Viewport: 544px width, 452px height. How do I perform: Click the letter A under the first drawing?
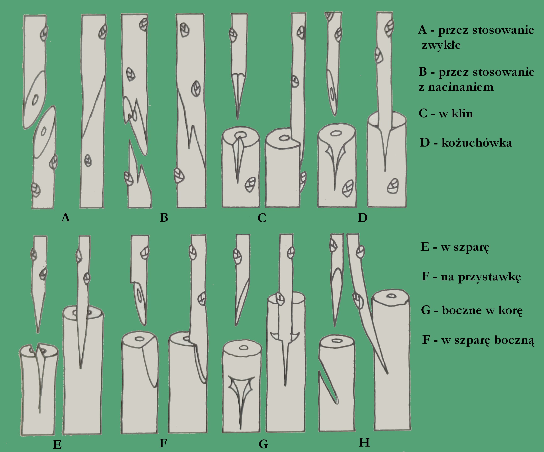tap(65, 217)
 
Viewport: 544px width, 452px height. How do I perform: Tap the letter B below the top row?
tap(164, 218)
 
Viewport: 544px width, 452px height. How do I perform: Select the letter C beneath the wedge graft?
tap(262, 218)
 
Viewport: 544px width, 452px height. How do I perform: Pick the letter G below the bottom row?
tap(263, 444)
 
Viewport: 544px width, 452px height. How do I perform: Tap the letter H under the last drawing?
tap(364, 443)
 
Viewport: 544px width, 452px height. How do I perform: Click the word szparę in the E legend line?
tap(471, 247)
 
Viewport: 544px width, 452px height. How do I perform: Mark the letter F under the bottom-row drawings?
tap(163, 443)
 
